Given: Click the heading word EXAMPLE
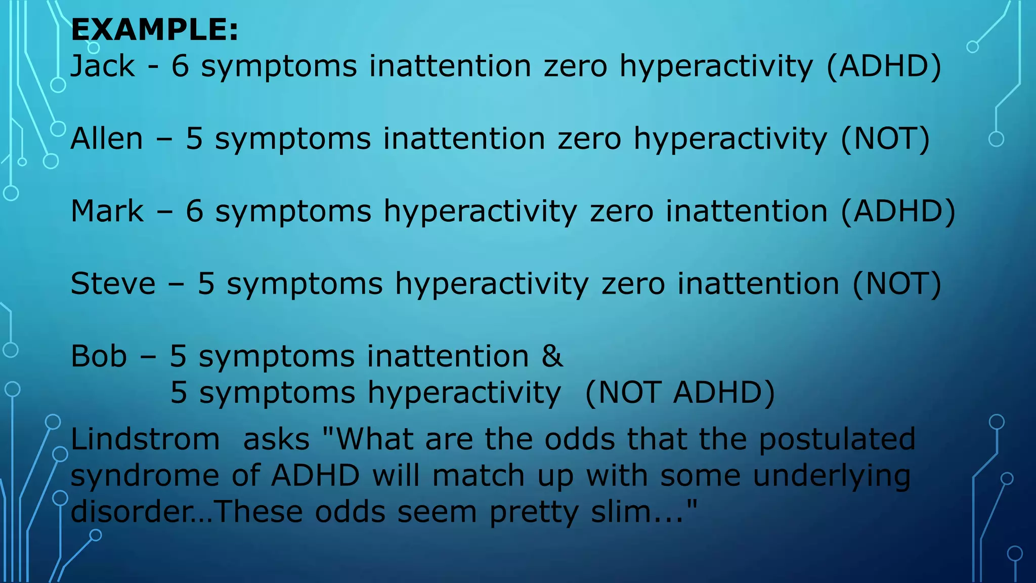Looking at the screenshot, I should coord(154,30).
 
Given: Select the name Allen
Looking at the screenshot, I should coord(107,139).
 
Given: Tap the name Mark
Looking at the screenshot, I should coord(107,211).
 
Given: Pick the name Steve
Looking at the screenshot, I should coord(113,283).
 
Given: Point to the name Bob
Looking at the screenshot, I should coord(99,356).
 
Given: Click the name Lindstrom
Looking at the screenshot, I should coord(145,439).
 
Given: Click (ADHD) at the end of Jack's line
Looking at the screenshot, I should coord(884,66).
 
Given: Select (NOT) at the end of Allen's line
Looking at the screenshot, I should coord(885,139).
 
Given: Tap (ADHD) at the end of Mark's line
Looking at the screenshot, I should coord(898,211).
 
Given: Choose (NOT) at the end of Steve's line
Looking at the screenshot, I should coord(896,283).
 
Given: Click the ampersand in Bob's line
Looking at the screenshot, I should coord(552,356).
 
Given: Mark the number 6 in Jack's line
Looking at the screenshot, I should coord(180,66).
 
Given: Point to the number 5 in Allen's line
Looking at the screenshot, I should coord(194,139).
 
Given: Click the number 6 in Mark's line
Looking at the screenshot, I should coord(194,211).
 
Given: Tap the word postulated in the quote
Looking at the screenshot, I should coord(837,439).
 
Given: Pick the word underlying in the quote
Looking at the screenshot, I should coord(832,476).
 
